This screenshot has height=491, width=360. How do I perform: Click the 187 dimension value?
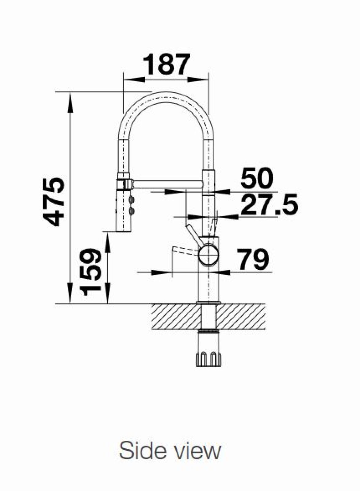point(167,64)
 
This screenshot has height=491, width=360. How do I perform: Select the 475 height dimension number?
point(54,202)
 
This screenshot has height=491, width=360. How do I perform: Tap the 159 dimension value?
point(91,272)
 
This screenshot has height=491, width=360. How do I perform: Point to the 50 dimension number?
point(256,178)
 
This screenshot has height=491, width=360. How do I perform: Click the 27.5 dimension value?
point(269,204)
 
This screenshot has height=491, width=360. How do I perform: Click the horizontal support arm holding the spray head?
point(167,184)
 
